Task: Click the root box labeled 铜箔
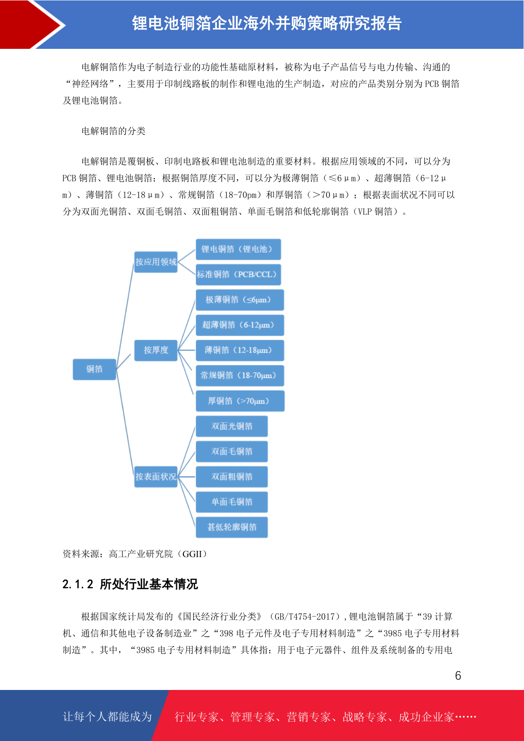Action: click(94, 369)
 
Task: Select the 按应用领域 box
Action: click(156, 262)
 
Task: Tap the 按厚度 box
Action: click(156, 350)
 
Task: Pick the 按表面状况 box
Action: click(156, 477)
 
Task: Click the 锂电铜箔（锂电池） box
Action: click(238, 249)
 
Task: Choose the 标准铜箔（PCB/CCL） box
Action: click(238, 275)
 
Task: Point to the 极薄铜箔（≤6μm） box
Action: click(240, 300)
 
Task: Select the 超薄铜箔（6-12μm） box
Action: click(240, 325)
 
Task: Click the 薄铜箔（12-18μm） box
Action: click(240, 350)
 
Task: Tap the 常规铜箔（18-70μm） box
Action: click(240, 376)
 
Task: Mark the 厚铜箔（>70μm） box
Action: click(240, 401)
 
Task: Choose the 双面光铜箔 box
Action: click(231, 426)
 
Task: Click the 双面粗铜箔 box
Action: click(231, 477)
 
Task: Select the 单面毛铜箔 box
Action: click(231, 502)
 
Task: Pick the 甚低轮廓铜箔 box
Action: click(231, 527)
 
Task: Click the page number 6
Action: click(458, 675)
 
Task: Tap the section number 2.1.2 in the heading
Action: click(78, 584)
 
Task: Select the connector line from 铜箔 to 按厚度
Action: click(124, 361)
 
